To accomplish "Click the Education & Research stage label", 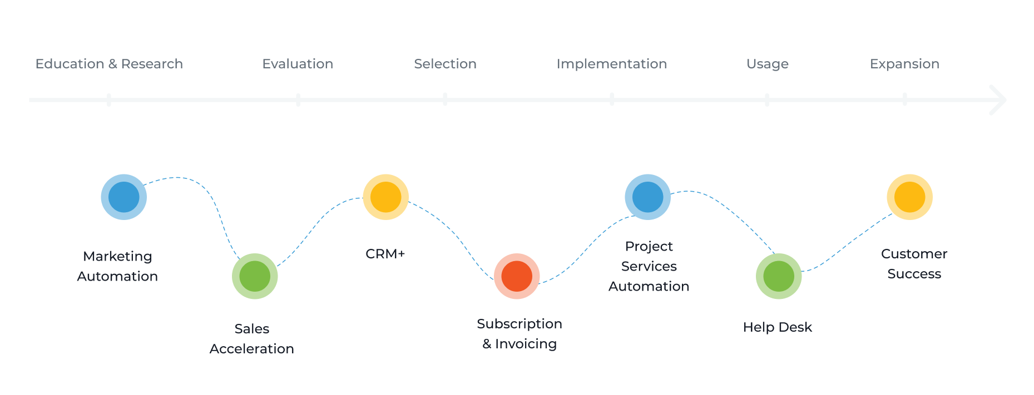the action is coord(109,64).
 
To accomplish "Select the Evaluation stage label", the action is coord(298,64).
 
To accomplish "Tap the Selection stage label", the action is coord(445,64).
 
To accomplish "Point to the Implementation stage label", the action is coord(612,64).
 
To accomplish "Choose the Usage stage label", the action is coord(768,64).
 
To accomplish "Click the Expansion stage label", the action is coord(904,64).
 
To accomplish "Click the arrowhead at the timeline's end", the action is coord(999,100).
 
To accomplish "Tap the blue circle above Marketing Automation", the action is coord(124,197).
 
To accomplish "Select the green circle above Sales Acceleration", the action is coord(255,276).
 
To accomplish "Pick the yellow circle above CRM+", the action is coord(386,197).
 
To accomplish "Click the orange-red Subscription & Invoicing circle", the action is coord(517,276).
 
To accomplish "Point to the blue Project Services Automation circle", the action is coord(648,197).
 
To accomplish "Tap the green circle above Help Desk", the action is coord(779,276).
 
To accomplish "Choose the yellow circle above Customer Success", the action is coord(910,197).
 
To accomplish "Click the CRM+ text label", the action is coord(385,254).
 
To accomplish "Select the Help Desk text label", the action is coord(778,327).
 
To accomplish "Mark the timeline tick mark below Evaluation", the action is coord(298,100).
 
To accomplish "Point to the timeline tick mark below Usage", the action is coord(768,100).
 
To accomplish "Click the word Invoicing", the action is coord(526,344).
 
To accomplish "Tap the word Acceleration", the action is coord(252,349).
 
